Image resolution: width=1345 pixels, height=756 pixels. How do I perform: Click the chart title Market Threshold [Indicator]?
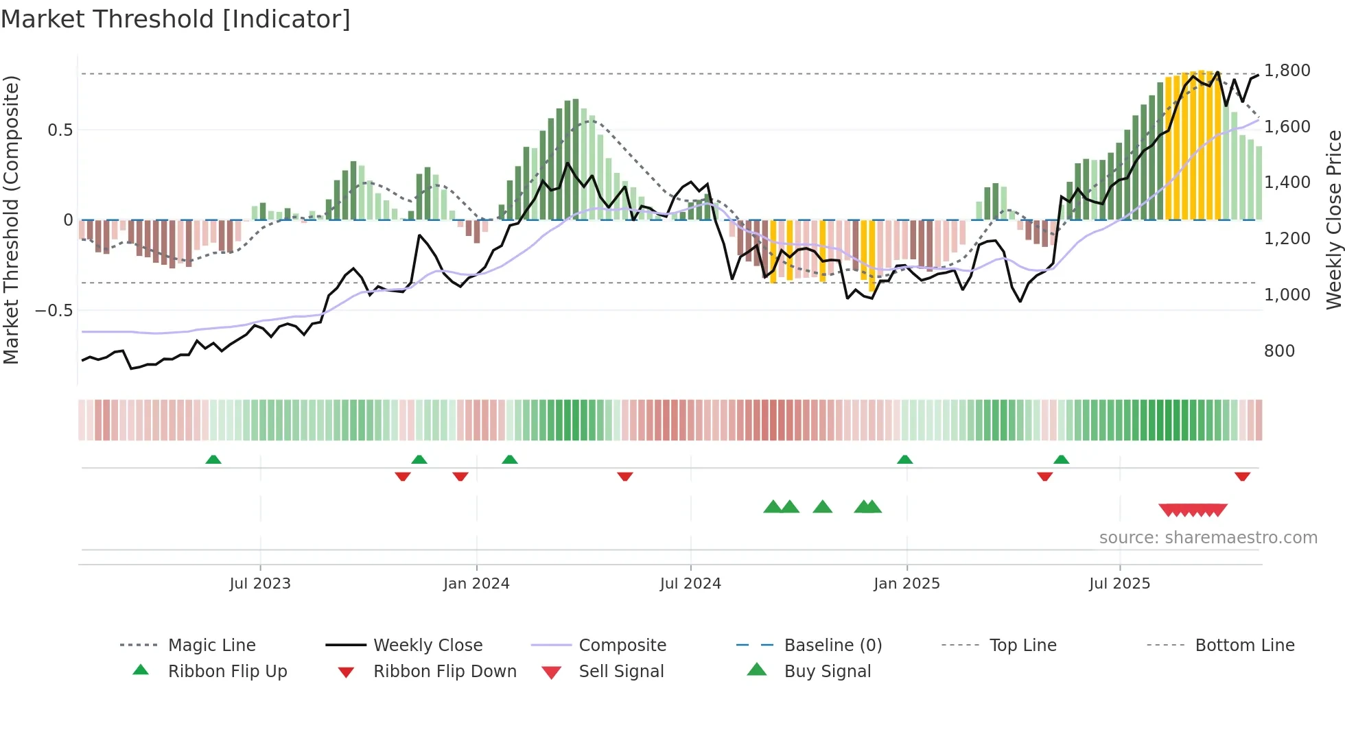tap(176, 19)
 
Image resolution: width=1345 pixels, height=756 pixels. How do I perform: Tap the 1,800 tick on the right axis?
tap(1287, 71)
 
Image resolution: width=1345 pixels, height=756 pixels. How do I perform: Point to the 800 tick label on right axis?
tap(1279, 351)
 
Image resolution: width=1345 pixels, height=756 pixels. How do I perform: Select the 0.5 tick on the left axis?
tap(60, 130)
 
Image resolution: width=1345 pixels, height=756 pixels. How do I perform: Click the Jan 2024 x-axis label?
tap(476, 584)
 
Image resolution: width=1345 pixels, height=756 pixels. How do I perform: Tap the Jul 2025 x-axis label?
tap(1119, 584)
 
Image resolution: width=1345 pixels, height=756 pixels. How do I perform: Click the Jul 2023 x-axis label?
tap(260, 584)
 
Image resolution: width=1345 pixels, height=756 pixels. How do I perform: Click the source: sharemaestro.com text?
tap(1208, 538)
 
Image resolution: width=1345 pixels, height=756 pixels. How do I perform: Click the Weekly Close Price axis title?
tap(1333, 220)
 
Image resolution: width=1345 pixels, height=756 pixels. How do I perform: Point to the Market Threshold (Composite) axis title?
tap(11, 220)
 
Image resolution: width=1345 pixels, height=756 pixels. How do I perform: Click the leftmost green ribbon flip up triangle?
tap(213, 460)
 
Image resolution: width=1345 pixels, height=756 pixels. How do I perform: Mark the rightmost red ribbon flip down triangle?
tap(1242, 476)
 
